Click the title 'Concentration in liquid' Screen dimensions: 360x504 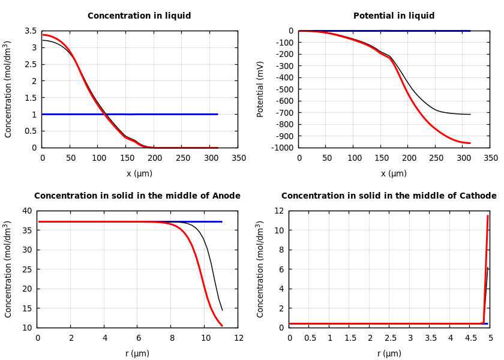point(139,16)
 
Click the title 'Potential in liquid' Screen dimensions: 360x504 point(394,16)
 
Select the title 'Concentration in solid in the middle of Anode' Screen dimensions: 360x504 point(137,196)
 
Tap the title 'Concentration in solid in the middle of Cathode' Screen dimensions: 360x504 point(389,196)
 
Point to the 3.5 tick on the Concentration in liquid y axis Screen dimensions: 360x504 point(30,31)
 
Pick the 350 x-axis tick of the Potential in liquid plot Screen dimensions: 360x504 point(490,158)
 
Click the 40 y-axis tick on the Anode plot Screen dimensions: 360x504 point(27,211)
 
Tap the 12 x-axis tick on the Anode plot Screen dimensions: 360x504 point(238,338)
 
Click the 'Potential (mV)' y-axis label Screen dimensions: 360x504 point(260,89)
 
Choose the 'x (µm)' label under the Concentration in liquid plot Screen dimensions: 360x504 point(139,174)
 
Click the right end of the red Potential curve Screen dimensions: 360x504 point(470,143)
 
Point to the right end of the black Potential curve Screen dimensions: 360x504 point(470,115)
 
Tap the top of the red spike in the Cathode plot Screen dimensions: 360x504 point(488,216)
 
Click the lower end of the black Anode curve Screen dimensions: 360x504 point(222,310)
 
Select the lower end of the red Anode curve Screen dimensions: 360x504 point(222,326)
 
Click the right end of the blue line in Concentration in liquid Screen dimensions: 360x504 point(217,114)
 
